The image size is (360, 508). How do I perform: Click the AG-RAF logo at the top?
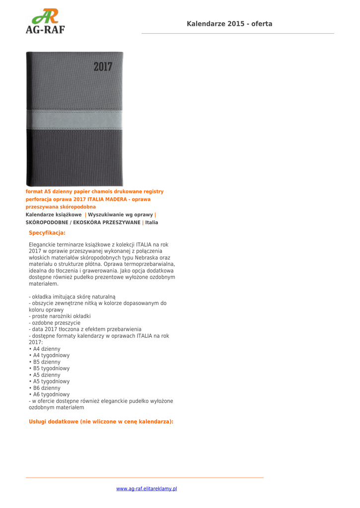coord(45,21)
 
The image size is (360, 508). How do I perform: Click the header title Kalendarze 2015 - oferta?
coord(229,24)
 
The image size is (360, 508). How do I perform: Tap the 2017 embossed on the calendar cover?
coord(103,66)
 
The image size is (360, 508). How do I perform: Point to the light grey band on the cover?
coord(74,119)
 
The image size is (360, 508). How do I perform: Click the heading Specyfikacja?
coord(47,233)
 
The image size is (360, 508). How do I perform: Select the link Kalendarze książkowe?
coord(54,215)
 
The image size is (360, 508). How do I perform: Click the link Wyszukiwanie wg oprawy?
coord(120,215)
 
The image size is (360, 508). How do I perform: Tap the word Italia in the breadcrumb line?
coord(151,223)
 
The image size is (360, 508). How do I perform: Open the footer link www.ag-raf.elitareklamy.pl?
coord(146,489)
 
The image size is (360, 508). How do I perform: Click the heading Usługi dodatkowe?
coord(101,422)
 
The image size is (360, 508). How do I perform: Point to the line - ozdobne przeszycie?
coord(55,323)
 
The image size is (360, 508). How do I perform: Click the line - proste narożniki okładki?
coord(60,317)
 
